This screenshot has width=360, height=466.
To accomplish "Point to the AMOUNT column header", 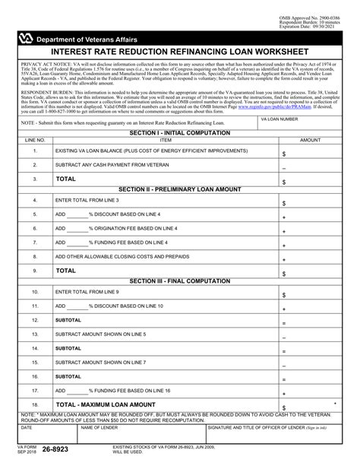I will pyautogui.click(x=311, y=141).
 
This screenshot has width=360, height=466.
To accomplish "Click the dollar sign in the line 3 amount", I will pyautogui.click(x=284, y=182).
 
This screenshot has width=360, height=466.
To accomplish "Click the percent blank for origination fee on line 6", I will pyautogui.click(x=77, y=228).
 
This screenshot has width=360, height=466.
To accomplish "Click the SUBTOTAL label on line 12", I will pyautogui.click(x=68, y=320).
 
